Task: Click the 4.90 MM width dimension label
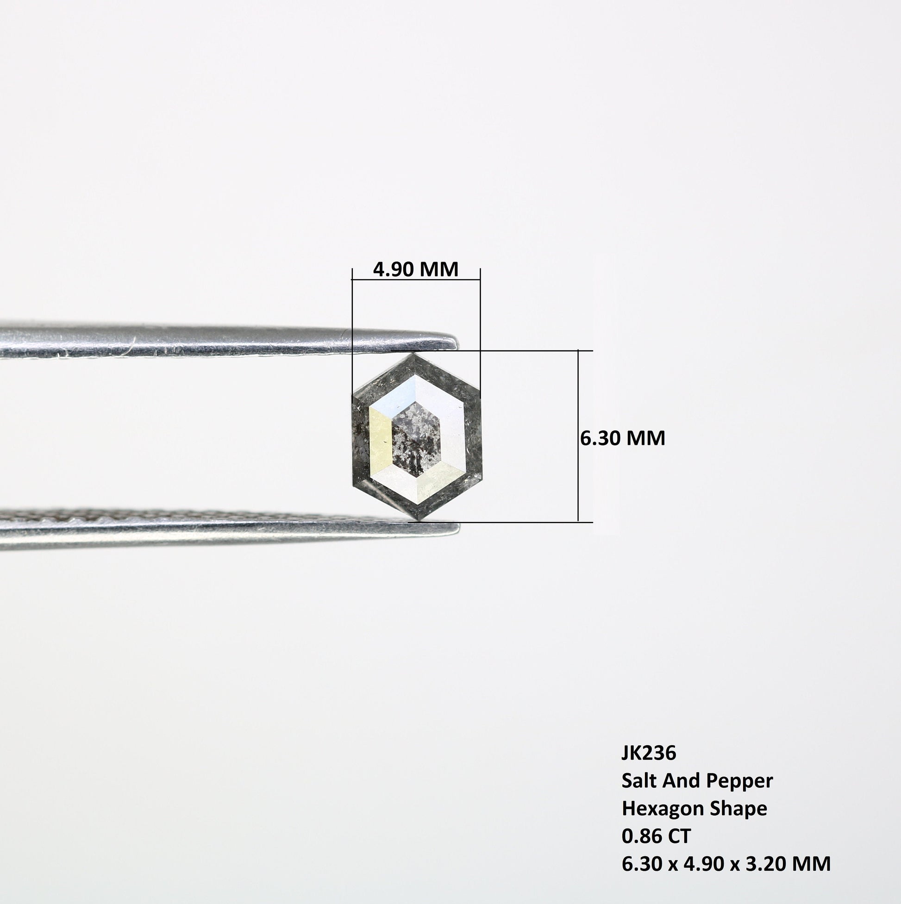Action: point(416,269)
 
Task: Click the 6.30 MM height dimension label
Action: point(623,438)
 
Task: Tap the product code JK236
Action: point(649,753)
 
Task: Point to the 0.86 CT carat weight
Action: point(656,836)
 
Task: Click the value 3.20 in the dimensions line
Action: point(762,864)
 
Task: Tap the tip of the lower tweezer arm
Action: point(459,527)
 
